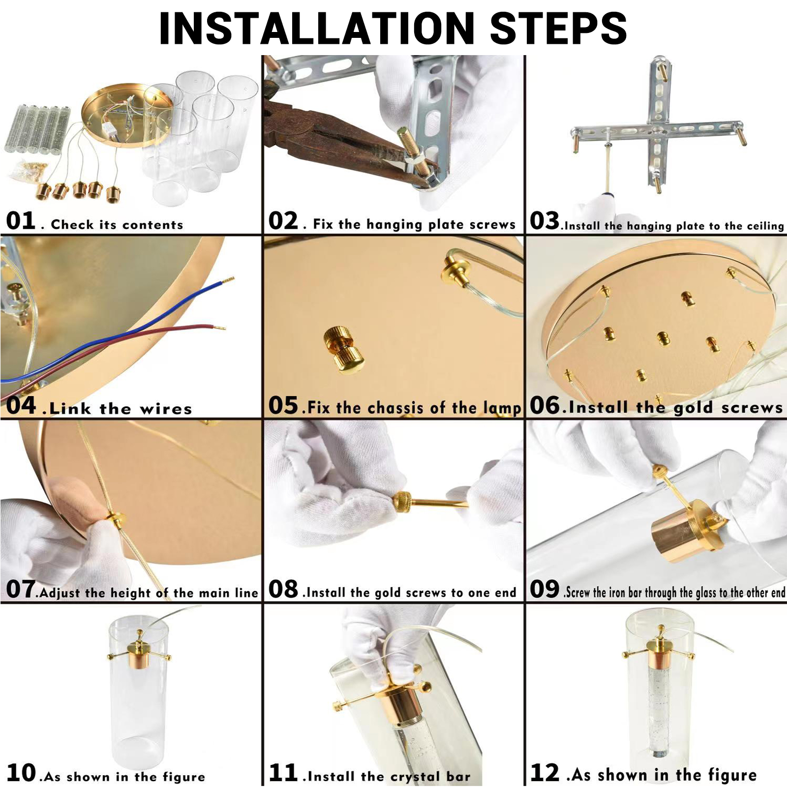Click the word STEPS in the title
[558, 28]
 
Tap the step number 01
[21, 221]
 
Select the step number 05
[283, 405]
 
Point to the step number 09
[545, 589]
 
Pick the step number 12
[545, 773]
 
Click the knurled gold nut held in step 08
[403, 502]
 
